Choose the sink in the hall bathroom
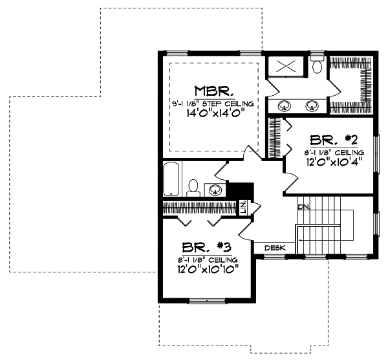(216, 190)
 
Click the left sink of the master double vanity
(285, 105)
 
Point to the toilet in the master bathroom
(317, 66)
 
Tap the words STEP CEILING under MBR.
(230, 104)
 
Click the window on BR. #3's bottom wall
(206, 300)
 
